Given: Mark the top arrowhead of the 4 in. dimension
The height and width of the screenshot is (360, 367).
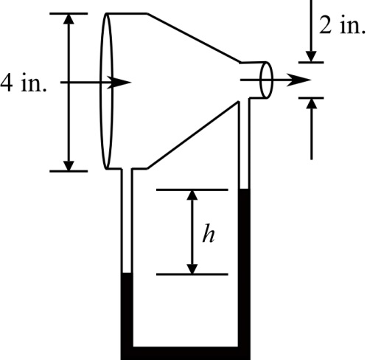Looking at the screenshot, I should [x=69, y=21].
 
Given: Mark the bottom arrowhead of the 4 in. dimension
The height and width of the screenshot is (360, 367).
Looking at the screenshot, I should [x=69, y=164].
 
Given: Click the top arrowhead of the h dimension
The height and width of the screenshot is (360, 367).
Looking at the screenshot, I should [x=192, y=196].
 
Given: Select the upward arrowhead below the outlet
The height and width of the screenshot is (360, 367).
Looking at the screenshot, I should [x=312, y=103].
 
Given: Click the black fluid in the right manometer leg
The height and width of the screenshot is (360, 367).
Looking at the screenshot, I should [x=245, y=266].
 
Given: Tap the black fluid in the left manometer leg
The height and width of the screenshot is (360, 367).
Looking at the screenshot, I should [x=126, y=310].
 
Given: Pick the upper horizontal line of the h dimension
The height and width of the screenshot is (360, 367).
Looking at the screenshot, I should [x=192, y=190].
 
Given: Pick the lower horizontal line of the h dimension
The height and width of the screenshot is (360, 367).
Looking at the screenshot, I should [x=192, y=274].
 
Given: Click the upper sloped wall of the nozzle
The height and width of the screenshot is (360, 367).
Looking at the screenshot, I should [x=195, y=38].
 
